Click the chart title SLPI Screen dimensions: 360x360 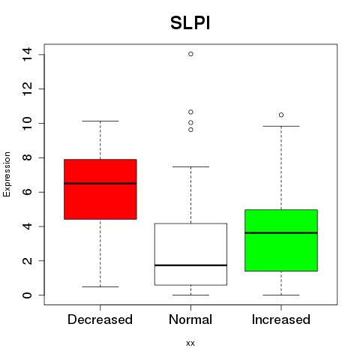(x=190, y=23)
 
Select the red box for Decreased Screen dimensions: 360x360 (x=100, y=189)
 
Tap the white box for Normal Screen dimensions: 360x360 (x=190, y=254)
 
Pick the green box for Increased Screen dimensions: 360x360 (x=281, y=240)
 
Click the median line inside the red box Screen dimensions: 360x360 (x=100, y=184)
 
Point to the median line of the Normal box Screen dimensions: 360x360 (x=190, y=265)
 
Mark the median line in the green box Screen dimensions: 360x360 (x=281, y=232)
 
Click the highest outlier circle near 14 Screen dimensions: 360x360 (x=190, y=54)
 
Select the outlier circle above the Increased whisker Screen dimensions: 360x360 (x=281, y=115)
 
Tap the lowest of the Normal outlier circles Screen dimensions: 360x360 (x=190, y=130)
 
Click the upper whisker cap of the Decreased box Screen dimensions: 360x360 (x=100, y=121)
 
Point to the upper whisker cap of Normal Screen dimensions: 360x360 (x=190, y=166)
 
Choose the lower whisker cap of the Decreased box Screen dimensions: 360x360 (x=100, y=286)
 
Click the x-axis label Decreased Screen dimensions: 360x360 (x=100, y=319)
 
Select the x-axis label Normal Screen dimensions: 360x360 (x=190, y=319)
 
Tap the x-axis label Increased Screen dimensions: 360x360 (x=281, y=319)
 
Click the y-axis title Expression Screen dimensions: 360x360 (x=7, y=174)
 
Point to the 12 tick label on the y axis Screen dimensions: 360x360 (x=27, y=88)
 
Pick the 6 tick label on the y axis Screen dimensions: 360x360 (x=27, y=192)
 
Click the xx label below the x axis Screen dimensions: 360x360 (x=190, y=343)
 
